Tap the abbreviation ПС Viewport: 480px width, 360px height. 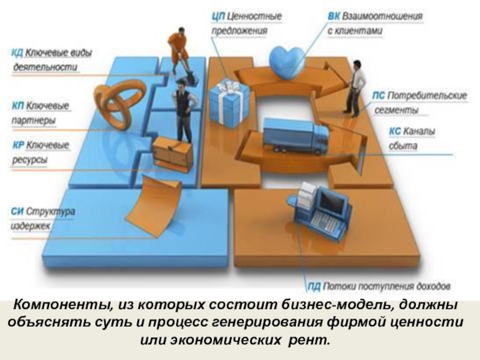(x=378, y=96)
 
